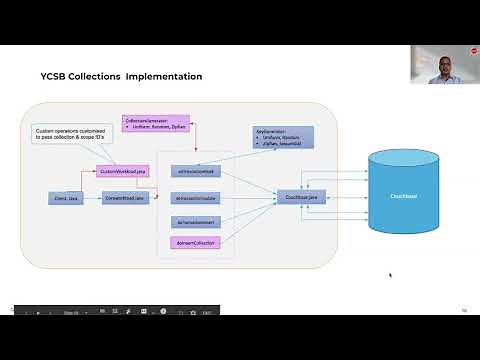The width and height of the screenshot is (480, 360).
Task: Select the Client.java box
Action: (x=65, y=199)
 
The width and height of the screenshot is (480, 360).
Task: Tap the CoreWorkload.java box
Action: (x=126, y=199)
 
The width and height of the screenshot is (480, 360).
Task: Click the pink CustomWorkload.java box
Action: (x=123, y=172)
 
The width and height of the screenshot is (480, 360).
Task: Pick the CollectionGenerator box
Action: (x=156, y=124)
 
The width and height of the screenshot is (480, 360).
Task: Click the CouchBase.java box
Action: (x=299, y=198)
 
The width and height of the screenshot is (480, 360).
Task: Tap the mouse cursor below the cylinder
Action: (x=389, y=274)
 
